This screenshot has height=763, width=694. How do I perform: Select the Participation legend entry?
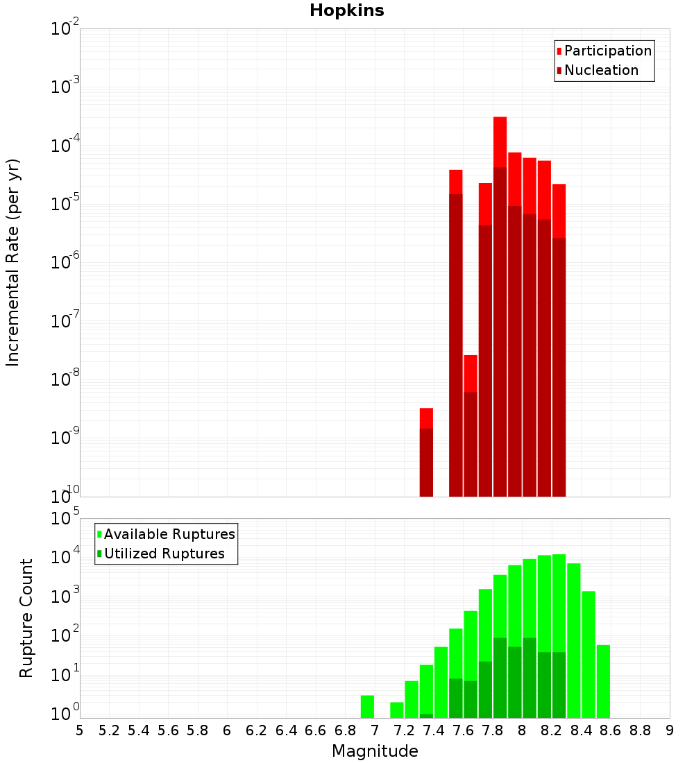(x=604, y=51)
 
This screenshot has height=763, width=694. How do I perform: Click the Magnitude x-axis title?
(x=375, y=751)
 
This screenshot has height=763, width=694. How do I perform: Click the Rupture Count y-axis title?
(x=26, y=618)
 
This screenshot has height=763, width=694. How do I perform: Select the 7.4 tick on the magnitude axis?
(x=434, y=730)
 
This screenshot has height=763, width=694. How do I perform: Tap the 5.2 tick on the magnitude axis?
(x=110, y=730)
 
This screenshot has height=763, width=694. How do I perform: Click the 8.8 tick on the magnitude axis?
(x=640, y=730)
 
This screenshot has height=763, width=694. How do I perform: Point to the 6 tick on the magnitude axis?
(x=227, y=730)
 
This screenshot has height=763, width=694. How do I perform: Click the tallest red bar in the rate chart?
(x=500, y=305)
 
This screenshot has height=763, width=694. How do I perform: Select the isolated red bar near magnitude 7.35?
(x=426, y=451)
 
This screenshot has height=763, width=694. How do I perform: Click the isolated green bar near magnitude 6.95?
(x=367, y=706)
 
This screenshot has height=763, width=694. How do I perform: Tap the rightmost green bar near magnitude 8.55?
(x=603, y=681)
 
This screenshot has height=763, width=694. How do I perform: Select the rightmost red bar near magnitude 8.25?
(x=559, y=340)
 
